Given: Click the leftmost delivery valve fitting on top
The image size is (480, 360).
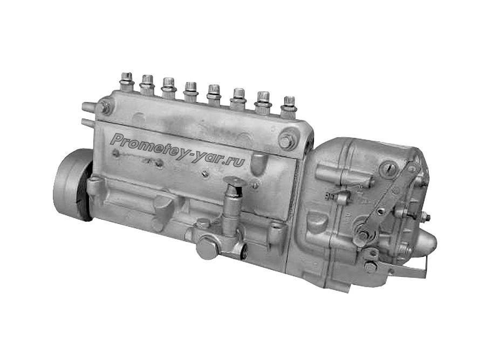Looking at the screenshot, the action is click(x=126, y=81).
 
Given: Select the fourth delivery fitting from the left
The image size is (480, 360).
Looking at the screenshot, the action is click(x=190, y=91).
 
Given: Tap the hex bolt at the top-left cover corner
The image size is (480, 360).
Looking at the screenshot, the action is click(x=105, y=107).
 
